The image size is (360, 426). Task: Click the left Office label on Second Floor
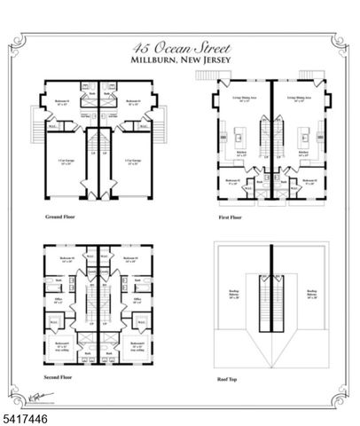pos(59,301)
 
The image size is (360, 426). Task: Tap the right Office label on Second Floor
pos(137,301)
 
